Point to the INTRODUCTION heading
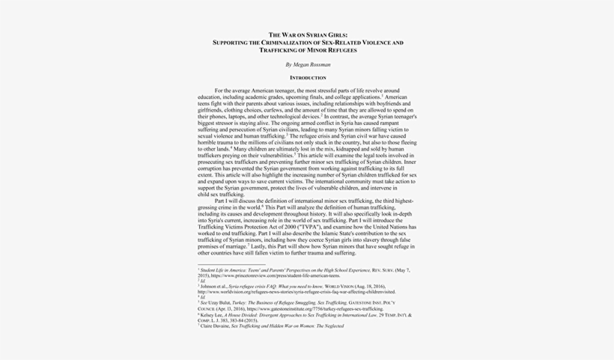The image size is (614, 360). (308, 78)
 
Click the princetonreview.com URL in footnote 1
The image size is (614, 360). (276, 275)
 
